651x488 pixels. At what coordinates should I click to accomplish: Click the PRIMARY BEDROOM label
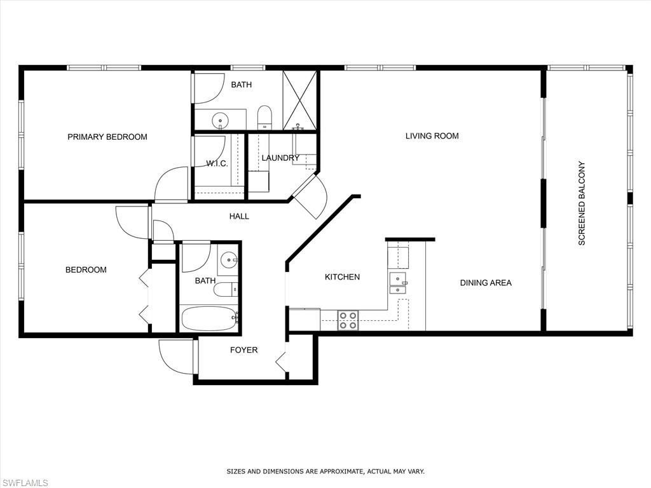coord(107,137)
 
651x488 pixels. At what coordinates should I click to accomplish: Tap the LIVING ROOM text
coord(432,135)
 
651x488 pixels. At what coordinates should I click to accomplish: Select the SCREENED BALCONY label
coord(581,203)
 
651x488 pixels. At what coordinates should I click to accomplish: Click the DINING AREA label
coord(486,283)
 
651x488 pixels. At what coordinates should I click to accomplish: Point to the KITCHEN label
coord(342,276)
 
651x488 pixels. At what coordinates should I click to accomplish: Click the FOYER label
coord(243,349)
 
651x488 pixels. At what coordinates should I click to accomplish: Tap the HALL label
coord(239,216)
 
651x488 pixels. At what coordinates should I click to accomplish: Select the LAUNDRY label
coord(280,158)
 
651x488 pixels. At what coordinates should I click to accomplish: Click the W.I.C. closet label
coord(217,163)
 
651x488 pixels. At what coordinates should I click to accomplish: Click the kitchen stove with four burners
coord(347,320)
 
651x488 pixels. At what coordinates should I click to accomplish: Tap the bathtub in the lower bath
coord(209,318)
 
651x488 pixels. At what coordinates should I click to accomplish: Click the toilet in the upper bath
coord(264,117)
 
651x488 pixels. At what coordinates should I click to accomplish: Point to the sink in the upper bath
coord(221,119)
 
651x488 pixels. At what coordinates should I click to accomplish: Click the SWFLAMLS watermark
coord(25,482)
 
